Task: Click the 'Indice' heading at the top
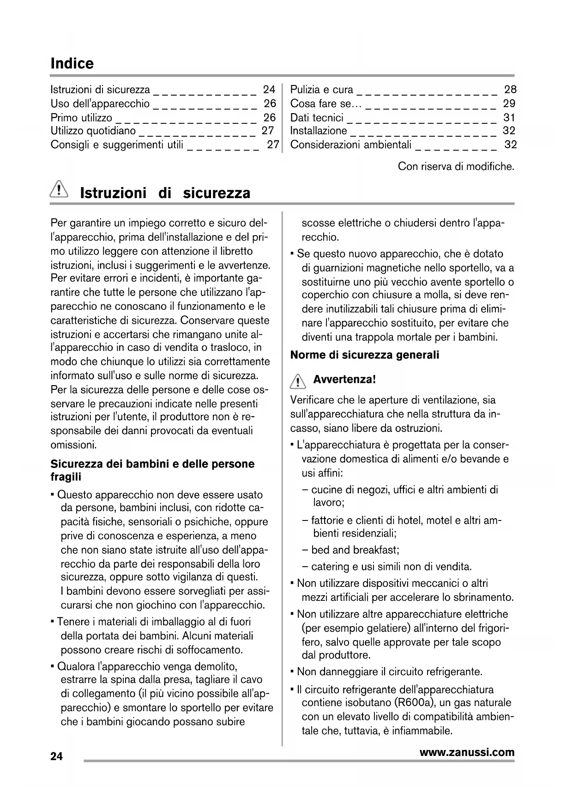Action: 72,64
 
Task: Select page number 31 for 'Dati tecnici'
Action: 509,117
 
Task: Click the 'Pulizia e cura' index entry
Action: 321,90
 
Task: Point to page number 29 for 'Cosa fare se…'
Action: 509,103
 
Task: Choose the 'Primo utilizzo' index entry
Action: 81,117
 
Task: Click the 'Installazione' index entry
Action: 318,131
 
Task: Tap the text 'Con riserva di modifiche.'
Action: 456,166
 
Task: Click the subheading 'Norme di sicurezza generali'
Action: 365,355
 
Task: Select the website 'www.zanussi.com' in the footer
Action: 467,752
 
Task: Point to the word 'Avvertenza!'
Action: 344,380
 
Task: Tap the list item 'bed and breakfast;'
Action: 355,550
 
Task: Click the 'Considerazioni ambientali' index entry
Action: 350,145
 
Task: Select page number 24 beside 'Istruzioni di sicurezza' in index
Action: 269,90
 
